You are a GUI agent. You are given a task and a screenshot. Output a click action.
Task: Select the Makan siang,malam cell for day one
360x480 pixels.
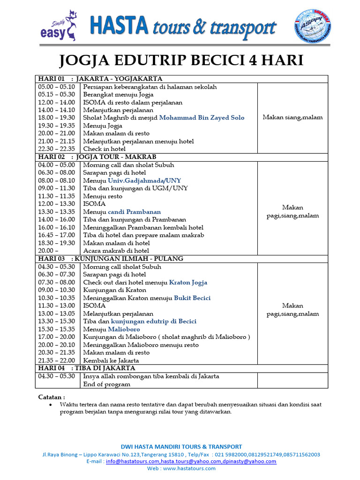pyautogui.click(x=292, y=118)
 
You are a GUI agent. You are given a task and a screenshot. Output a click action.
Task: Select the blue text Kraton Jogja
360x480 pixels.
pyautogui.click(x=188, y=282)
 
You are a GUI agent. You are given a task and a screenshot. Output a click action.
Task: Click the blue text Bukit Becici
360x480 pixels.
pyautogui.click(x=192, y=298)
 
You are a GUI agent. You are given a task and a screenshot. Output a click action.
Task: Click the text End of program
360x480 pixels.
pyautogui.click(x=106, y=384)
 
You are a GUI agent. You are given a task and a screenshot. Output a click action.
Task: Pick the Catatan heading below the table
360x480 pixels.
pyautogui.click(x=52, y=397)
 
